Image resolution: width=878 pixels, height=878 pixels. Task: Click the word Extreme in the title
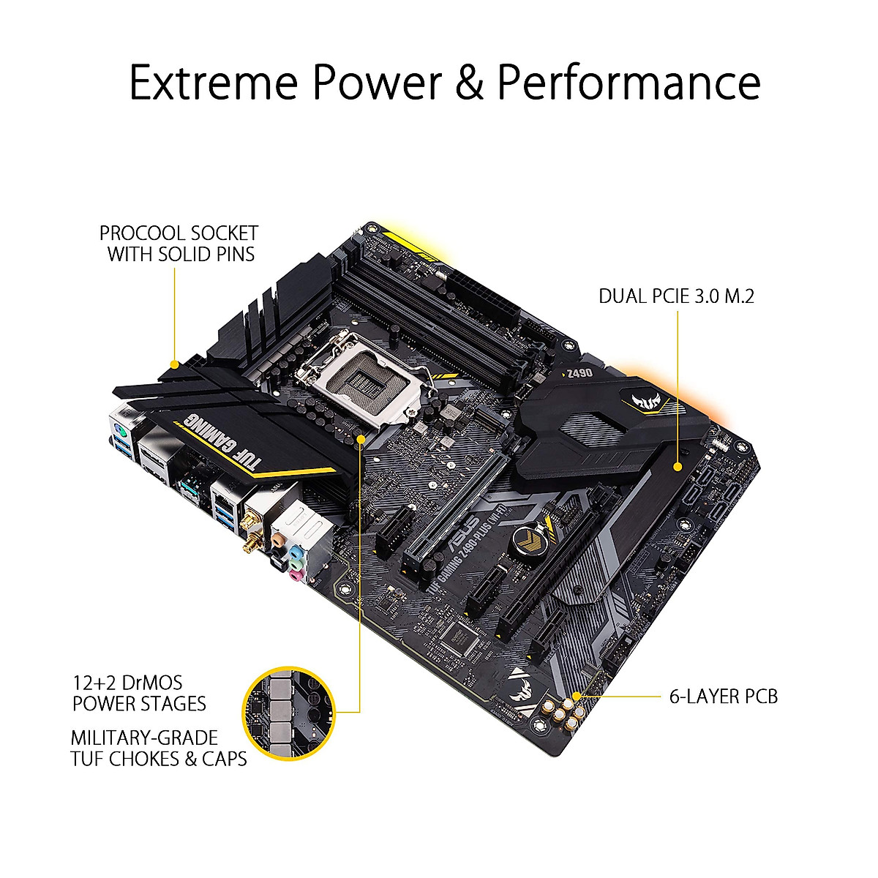pos(213,82)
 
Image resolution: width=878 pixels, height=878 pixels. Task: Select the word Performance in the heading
pos(629,82)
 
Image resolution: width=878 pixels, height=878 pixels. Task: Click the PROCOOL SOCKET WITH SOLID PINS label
pos(179,244)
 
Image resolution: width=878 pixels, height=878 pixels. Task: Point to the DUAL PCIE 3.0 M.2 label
pos(676,296)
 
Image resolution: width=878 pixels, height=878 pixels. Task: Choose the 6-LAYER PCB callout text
pos(724,696)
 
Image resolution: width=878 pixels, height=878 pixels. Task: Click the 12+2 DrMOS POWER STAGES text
pos(139,694)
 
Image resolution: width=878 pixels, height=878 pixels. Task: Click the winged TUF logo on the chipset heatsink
pos(635,399)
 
